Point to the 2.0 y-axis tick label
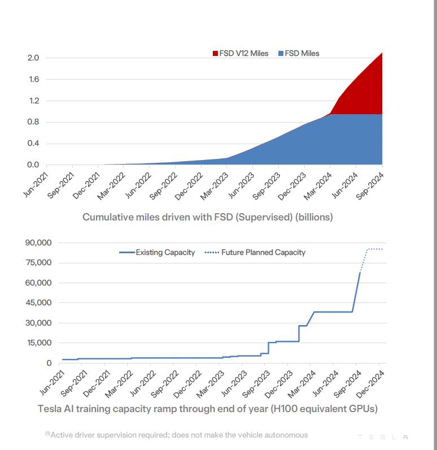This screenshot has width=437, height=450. pos(33,58)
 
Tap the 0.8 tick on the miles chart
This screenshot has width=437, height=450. pos(33,122)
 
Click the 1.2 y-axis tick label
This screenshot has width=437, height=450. pos(33,101)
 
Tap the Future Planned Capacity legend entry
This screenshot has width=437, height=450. pos(263,252)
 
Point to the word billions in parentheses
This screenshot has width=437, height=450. pos(314,217)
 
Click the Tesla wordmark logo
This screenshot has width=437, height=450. pos(383,437)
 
